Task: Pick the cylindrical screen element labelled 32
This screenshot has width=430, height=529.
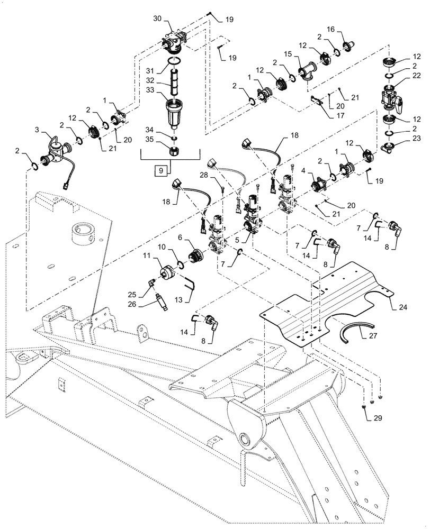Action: (174, 82)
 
